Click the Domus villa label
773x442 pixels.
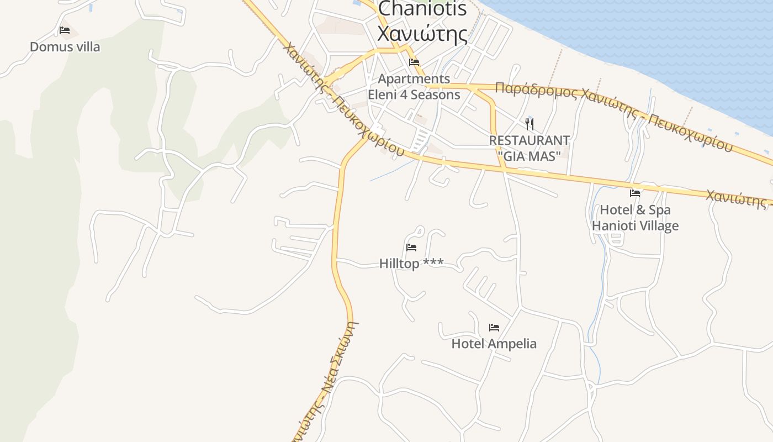(65, 47)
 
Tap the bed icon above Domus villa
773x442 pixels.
(65, 30)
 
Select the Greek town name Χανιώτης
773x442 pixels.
(422, 33)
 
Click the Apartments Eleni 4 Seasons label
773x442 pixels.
(414, 87)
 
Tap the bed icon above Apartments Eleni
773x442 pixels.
(414, 62)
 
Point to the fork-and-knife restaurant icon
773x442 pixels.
(530, 124)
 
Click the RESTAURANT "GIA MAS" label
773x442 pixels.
(529, 148)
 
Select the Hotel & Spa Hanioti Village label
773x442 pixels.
(635, 218)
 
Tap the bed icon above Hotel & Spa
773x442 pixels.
(635, 193)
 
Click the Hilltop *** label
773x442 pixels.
(411, 264)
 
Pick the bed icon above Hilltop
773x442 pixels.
(411, 248)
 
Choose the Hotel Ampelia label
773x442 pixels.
(494, 344)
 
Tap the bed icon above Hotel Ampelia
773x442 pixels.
(494, 328)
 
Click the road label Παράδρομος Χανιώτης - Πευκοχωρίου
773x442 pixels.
(613, 114)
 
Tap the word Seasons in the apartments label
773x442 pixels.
(437, 94)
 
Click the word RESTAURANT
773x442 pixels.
(529, 140)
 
